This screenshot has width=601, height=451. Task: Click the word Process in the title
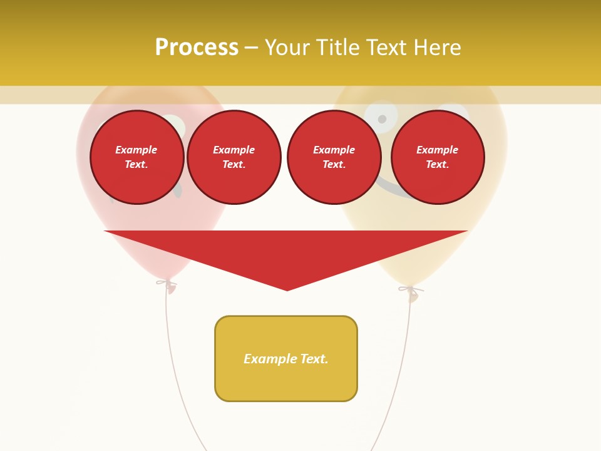(197, 48)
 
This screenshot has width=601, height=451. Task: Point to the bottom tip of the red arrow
(287, 289)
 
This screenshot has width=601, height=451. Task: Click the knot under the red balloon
(167, 285)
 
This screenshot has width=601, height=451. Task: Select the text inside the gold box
(285, 359)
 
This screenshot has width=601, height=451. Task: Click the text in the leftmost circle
(136, 157)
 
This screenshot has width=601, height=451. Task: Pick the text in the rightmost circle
(437, 157)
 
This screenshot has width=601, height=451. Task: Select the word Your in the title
(288, 48)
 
